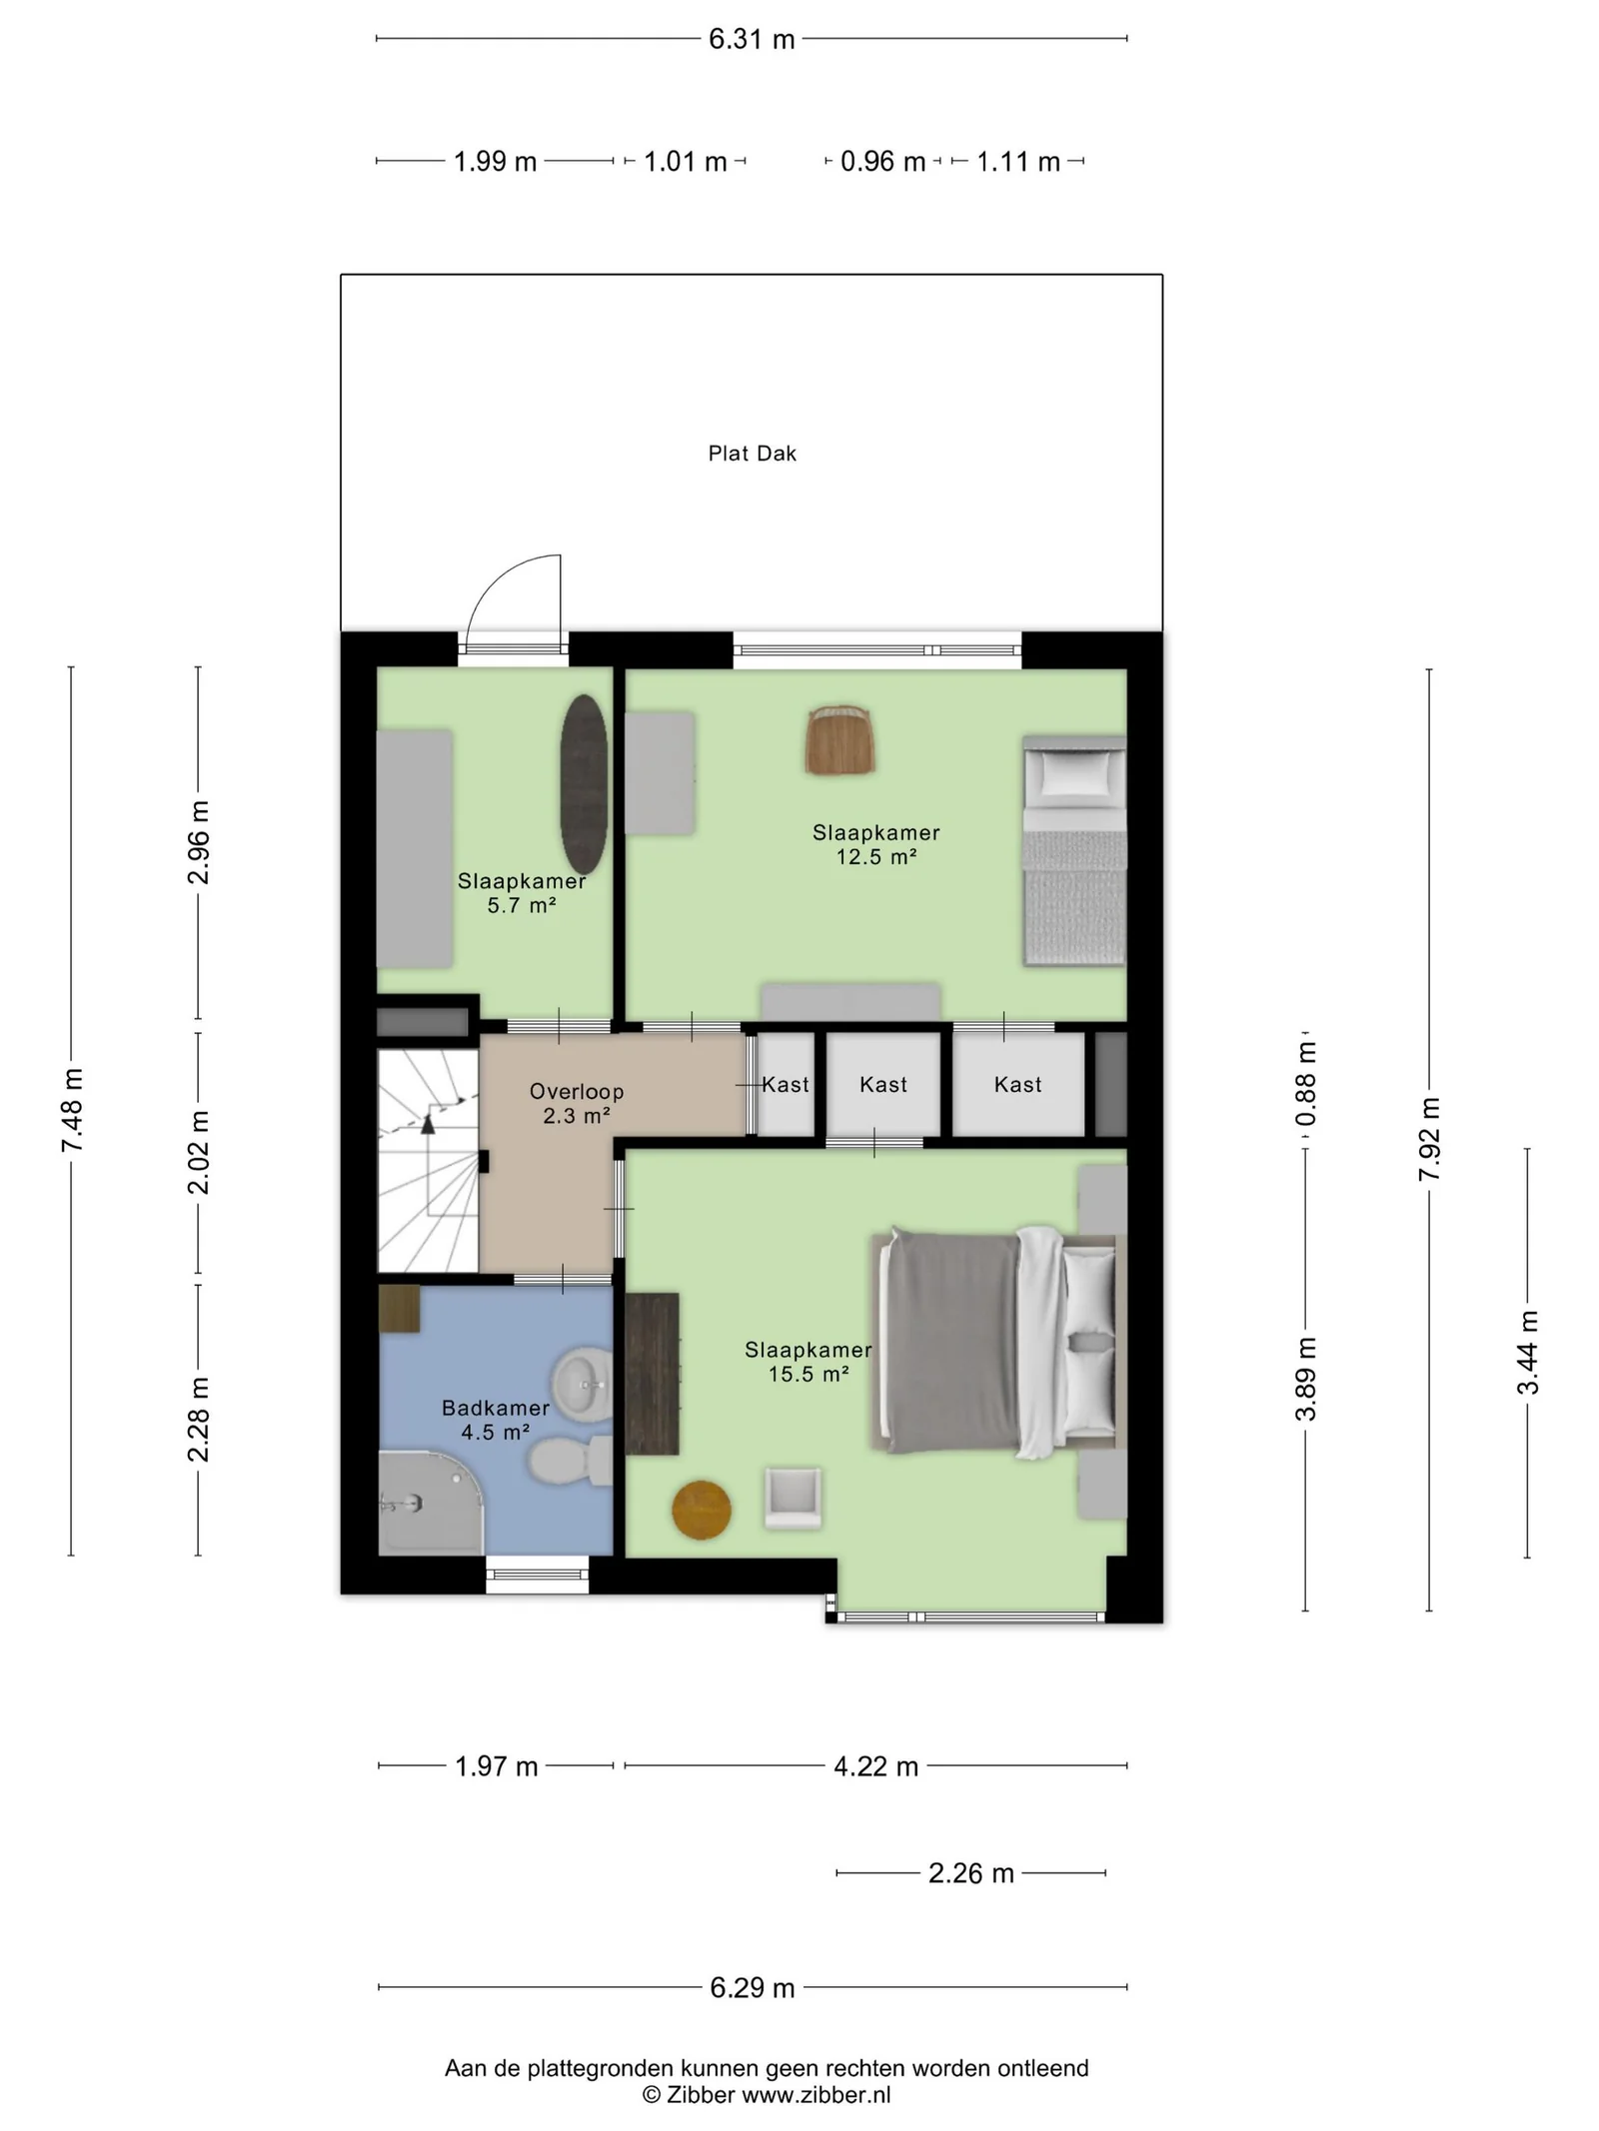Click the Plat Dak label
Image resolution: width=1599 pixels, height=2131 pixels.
(x=752, y=454)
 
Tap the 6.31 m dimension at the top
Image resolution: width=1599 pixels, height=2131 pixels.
(x=752, y=39)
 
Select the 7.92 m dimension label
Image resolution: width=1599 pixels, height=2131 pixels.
(x=1429, y=1139)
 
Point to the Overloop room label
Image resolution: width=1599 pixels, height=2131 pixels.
(x=577, y=1092)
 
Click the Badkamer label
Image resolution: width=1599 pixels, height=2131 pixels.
(x=496, y=1408)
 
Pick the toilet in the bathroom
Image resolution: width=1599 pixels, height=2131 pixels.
(x=570, y=1462)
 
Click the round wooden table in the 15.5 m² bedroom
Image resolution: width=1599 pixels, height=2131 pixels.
(x=702, y=1510)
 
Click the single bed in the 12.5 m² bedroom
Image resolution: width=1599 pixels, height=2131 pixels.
(x=1074, y=851)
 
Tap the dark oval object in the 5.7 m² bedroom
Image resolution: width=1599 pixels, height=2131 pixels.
(x=584, y=784)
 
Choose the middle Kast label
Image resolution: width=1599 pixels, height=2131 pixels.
(x=883, y=1084)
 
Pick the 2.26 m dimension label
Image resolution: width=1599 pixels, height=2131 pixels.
(x=971, y=1873)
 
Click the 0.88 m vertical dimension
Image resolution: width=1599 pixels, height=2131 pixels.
(x=1306, y=1084)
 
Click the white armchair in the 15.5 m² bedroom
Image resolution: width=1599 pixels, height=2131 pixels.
(x=794, y=1498)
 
